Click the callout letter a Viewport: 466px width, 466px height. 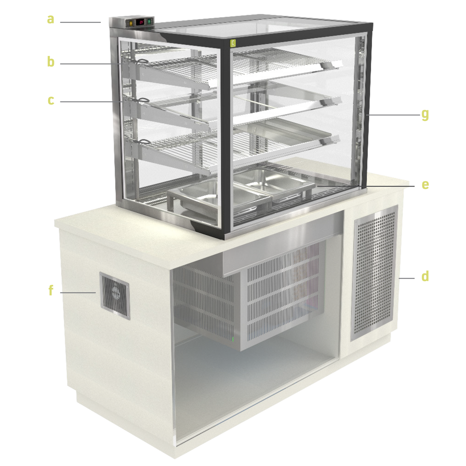tap(51, 19)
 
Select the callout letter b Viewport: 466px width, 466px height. tap(51, 61)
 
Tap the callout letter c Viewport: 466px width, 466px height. tap(51, 100)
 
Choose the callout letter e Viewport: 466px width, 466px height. tap(425, 185)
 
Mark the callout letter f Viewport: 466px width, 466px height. tap(51, 290)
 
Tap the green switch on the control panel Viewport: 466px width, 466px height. tap(149, 22)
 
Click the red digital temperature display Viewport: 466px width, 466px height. tap(141, 22)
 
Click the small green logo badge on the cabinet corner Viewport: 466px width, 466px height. tap(233, 43)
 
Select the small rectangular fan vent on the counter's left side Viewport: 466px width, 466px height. tap(115, 296)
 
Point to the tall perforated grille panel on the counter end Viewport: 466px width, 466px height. tap(374, 273)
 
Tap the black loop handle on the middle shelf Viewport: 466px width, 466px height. tap(144, 100)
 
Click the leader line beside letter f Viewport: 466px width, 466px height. tap(78, 292)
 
